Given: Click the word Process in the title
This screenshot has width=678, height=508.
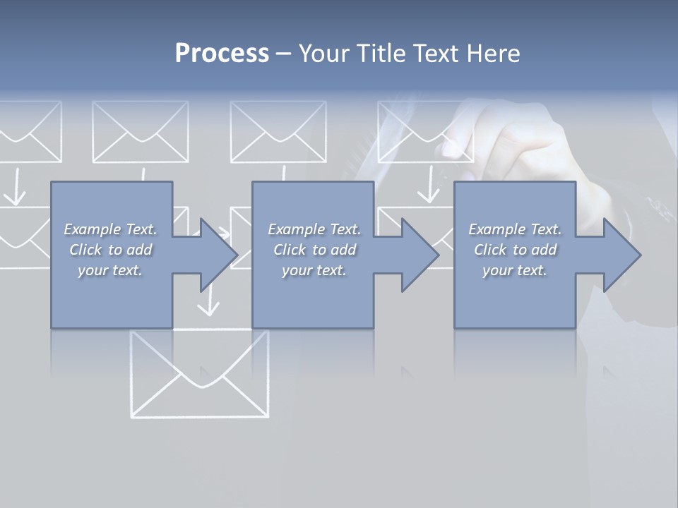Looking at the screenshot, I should coord(222,54).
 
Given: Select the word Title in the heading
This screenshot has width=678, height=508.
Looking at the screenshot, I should coord(378,54).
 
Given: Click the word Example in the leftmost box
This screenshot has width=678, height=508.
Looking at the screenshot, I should coord(92,229).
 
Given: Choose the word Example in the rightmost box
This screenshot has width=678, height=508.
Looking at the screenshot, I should coord(496,229).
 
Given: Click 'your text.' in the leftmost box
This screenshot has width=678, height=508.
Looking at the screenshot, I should coord(110,270).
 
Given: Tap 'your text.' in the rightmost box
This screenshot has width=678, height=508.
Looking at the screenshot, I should coord(515,270).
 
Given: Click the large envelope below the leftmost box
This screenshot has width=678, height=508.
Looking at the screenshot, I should coord(200,374).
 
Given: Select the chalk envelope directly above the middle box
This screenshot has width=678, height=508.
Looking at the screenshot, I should coord(278,132).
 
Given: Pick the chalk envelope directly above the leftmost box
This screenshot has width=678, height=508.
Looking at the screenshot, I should coord(140,132).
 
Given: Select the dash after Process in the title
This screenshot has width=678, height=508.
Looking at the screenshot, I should coord(284,54).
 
